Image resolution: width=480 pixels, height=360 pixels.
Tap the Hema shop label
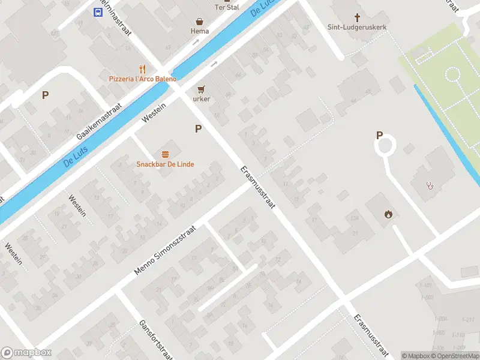[200, 31]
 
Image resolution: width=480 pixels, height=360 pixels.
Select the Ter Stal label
[227, 7]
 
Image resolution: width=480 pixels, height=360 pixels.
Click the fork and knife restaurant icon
[142, 69]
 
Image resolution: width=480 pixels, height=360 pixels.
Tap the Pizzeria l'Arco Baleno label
[143, 79]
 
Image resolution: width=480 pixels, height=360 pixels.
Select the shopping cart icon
[201, 88]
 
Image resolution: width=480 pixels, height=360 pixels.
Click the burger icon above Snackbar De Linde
[165, 154]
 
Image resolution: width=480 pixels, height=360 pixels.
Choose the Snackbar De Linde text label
[165, 164]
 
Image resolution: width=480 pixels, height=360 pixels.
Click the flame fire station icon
[389, 214]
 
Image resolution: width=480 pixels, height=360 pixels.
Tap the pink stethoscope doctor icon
[430, 185]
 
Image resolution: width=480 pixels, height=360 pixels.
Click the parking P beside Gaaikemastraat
[45, 95]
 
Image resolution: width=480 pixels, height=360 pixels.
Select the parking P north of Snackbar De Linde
[197, 128]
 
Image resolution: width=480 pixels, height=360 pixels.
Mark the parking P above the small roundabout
[379, 135]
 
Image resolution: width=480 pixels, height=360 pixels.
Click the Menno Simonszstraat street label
[166, 251]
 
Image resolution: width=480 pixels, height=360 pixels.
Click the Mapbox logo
[26, 353]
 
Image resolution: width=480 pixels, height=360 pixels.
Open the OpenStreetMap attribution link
[456, 356]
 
